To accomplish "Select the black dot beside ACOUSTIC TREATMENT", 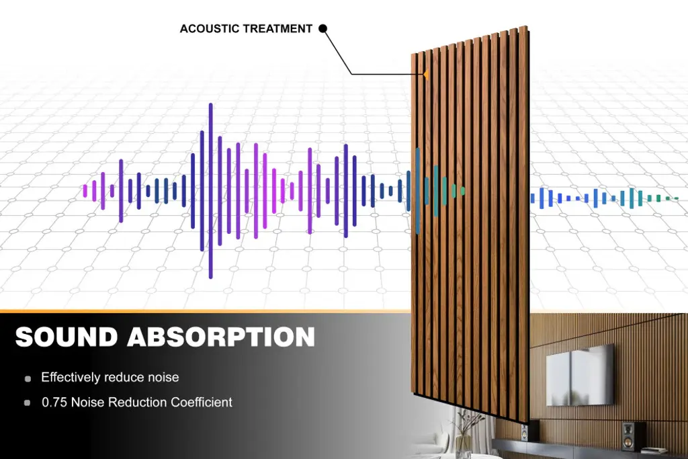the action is pos(322,28).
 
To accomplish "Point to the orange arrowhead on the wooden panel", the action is pos(425,75).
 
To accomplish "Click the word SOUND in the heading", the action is pos(67,337).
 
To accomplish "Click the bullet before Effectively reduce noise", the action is pos(28,378).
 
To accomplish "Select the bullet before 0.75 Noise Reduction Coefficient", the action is pos(27,403).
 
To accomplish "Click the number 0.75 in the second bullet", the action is pos(54,403).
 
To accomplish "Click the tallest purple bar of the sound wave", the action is pos(210,191).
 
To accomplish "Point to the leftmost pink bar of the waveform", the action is pos(85,191).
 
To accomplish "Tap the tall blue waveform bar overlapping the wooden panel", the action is pos(418,191).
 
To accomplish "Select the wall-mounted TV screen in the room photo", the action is pos(579,375).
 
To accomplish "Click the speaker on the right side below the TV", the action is pos(630,434).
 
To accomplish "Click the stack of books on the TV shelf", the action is pos(654,450).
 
